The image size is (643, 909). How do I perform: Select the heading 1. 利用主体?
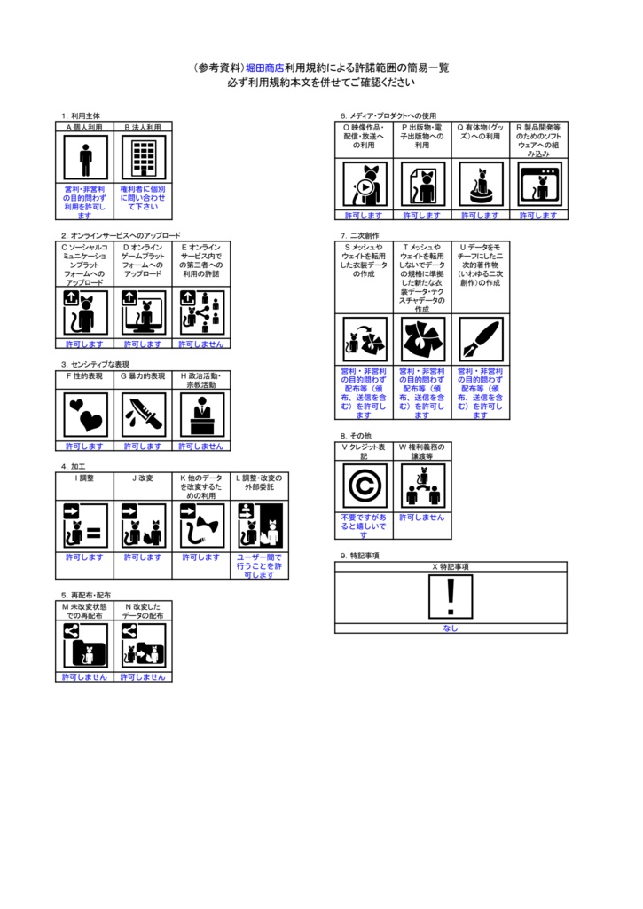tap(81, 116)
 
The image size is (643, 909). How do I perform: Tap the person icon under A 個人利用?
tap(85, 160)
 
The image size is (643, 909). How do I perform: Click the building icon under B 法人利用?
tap(143, 160)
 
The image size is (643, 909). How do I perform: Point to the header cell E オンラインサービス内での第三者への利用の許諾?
tap(201, 261)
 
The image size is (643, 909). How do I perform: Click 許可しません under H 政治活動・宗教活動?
tap(201, 447)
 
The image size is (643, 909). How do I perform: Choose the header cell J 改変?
tap(143, 478)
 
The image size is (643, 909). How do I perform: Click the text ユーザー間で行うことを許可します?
tap(259, 566)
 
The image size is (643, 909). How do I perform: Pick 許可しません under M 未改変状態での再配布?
tap(85, 676)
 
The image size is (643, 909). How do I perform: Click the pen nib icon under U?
tap(480, 339)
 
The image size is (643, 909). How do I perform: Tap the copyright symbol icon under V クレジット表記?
tap(364, 486)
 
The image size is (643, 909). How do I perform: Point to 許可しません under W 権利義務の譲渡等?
tap(422, 518)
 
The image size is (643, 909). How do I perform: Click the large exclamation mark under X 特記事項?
tap(451, 597)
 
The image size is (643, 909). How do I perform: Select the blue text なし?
tap(451, 628)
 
